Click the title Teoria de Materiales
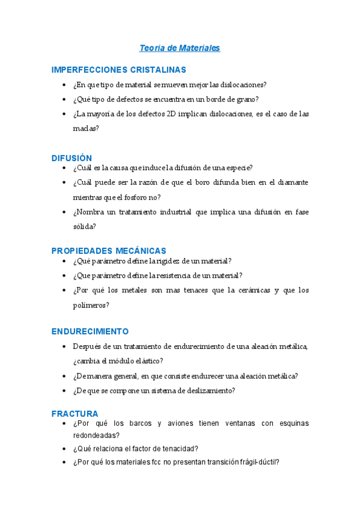click(x=180, y=48)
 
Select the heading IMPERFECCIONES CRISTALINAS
click(x=118, y=70)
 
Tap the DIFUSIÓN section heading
click(x=72, y=158)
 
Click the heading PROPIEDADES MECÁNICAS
click(x=108, y=250)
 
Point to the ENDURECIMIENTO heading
click(x=90, y=331)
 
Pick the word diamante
click(x=293, y=182)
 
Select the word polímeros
click(x=91, y=305)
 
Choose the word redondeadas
click(x=94, y=435)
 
